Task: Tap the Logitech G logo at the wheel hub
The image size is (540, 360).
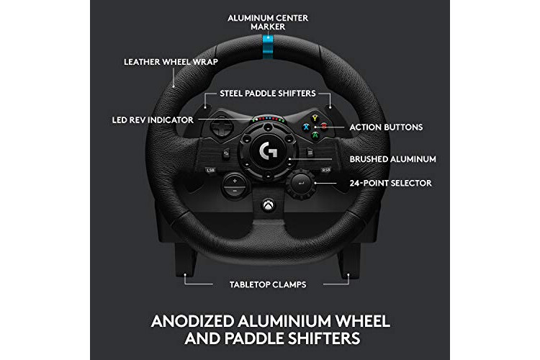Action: point(268,152)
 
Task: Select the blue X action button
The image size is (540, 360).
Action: point(306,127)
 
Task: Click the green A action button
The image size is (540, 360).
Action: point(315,135)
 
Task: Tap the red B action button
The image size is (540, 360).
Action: point(324,126)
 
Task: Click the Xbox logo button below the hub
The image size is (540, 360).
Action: point(269,206)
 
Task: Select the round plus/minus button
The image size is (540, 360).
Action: point(235,185)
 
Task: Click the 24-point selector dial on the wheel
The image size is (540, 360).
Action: point(302,184)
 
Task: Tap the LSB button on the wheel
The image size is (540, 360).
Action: point(210,170)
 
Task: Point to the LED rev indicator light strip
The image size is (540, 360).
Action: point(268,120)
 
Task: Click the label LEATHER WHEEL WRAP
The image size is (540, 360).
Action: point(171,62)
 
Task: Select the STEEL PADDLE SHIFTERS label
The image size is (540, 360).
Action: point(268,94)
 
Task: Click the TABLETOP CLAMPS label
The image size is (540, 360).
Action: point(268,284)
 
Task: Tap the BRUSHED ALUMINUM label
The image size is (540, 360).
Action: point(392,159)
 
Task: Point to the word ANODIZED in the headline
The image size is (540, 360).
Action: point(192,321)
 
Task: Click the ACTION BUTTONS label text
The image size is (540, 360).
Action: point(386,127)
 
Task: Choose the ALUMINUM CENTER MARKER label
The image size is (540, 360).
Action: point(268,22)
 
